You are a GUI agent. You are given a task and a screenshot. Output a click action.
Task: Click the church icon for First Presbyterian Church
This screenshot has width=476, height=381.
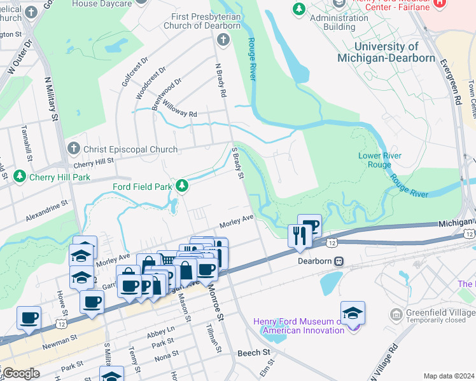(x=223, y=40)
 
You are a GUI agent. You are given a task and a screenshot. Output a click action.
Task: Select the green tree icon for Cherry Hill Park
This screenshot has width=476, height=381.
(x=20, y=175)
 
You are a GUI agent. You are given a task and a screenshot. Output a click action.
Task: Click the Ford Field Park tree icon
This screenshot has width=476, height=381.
(x=183, y=186)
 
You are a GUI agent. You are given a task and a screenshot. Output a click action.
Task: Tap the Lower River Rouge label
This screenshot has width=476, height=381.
(x=379, y=159)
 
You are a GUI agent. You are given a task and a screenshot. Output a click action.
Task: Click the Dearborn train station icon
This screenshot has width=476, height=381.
(x=339, y=261)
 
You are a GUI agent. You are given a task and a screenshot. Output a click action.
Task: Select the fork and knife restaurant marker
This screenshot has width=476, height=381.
(x=298, y=236)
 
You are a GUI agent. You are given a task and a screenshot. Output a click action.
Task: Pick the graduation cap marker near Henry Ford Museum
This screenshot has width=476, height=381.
(x=353, y=313)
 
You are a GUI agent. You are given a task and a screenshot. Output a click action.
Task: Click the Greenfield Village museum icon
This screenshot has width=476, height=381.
(x=396, y=314)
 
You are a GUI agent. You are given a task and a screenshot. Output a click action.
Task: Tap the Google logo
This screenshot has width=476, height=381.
(x=21, y=373)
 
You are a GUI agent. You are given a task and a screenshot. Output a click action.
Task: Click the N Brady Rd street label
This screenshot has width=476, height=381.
(x=221, y=79)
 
